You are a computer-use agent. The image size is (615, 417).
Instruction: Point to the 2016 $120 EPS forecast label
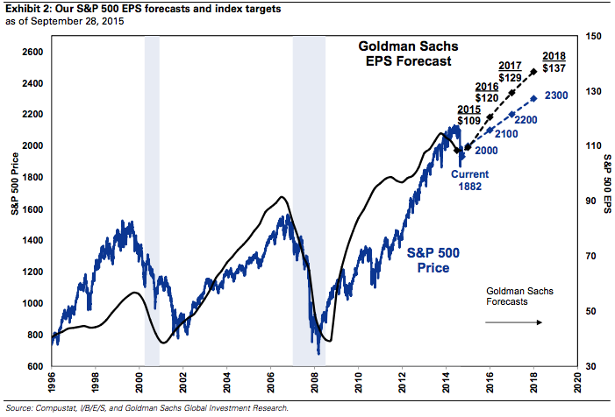click(x=487, y=94)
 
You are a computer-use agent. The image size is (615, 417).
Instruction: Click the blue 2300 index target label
click(x=559, y=95)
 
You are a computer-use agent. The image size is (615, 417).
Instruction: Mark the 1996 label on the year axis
click(x=54, y=384)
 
